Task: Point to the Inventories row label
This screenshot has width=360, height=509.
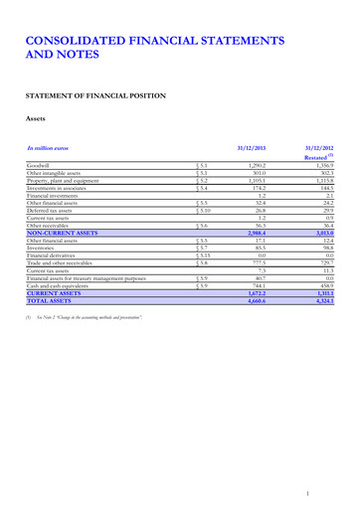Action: point(46,249)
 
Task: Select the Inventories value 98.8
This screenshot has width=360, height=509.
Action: point(332,249)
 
